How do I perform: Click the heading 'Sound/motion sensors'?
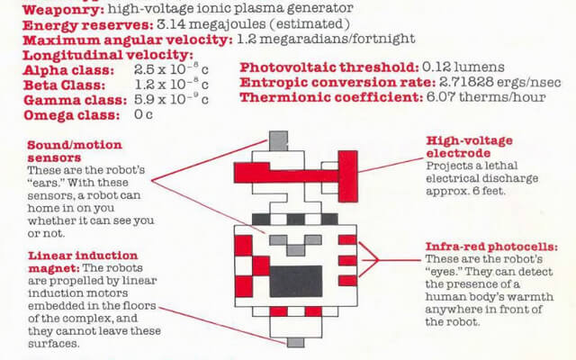coord(75,151)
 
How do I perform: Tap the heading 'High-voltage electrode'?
coord(469,147)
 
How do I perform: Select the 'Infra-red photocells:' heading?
coord(491,247)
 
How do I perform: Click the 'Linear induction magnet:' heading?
coord(83,262)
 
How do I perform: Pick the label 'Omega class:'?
coord(72,115)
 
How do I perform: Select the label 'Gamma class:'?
coord(75,100)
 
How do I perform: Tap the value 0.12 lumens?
coord(463,67)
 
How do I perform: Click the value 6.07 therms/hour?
coord(486,97)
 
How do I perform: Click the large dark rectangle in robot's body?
coord(296,282)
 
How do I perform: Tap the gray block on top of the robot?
coord(278,140)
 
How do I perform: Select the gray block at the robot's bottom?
coord(296,343)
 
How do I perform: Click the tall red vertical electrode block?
coord(347,176)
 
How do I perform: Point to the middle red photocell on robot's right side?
coord(347,261)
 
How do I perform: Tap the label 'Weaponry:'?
coord(63,10)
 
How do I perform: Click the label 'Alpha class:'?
coord(68,70)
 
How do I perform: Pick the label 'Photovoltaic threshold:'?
coord(329,67)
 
